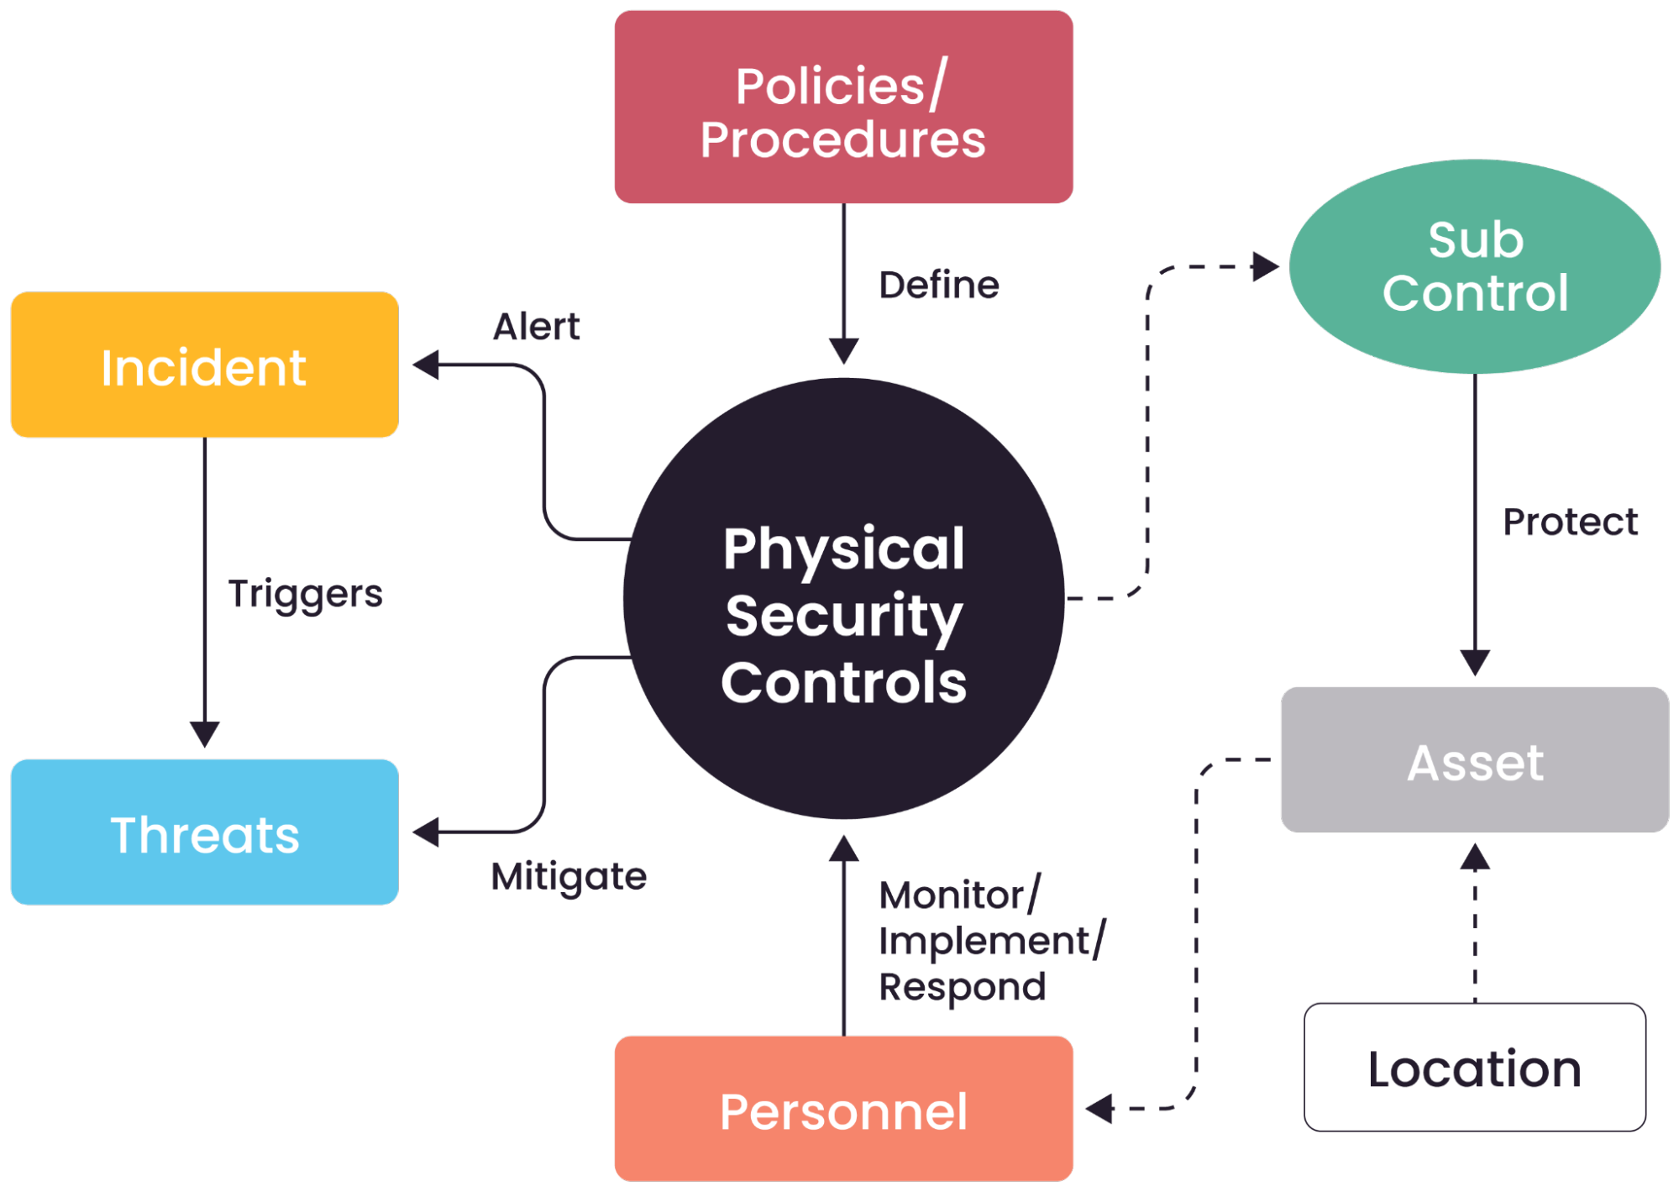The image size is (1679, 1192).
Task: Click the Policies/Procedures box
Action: click(x=843, y=108)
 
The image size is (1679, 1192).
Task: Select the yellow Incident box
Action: click(x=204, y=365)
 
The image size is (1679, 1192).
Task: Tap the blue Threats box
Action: click(x=204, y=832)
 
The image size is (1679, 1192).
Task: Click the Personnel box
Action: click(x=843, y=1109)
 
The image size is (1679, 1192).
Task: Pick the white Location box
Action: click(x=1474, y=1068)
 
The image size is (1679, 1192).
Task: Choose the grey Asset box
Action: click(x=1474, y=760)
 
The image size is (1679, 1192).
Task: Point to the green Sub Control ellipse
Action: click(x=1474, y=266)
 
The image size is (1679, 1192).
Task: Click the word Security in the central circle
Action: click(x=843, y=615)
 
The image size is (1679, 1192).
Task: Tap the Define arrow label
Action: click(x=938, y=286)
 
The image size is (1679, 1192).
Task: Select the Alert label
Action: click(x=536, y=327)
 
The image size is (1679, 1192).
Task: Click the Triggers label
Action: click(x=305, y=594)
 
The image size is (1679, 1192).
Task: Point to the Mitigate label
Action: click(x=569, y=876)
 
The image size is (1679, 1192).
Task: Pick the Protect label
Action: click(x=1569, y=522)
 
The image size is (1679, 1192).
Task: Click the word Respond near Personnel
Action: click(x=962, y=986)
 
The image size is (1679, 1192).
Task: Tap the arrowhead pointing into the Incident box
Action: click(x=426, y=365)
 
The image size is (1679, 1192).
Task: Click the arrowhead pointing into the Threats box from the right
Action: click(x=426, y=832)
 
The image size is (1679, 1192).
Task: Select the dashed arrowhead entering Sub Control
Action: click(x=1265, y=267)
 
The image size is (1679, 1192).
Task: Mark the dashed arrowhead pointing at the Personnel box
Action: click(x=1099, y=1108)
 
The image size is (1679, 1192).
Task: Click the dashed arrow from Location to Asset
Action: click(x=1475, y=924)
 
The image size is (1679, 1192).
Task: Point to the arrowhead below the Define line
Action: click(x=843, y=350)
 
